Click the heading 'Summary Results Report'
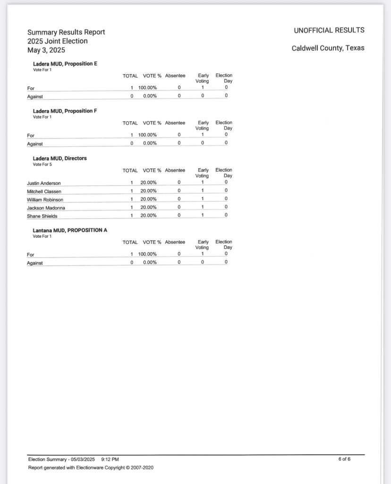(x=66, y=32)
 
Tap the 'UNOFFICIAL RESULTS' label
(x=329, y=30)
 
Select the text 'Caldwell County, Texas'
(x=328, y=48)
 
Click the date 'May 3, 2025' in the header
(x=46, y=50)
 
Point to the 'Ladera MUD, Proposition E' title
(x=65, y=63)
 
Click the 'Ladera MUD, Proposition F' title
(x=65, y=111)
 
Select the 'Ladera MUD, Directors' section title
(x=60, y=158)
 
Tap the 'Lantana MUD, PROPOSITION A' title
(x=70, y=230)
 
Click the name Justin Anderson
(x=44, y=183)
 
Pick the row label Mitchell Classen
(x=44, y=191)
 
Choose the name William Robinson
(x=45, y=199)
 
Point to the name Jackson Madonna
(x=46, y=207)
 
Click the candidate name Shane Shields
(x=42, y=216)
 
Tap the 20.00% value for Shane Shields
(x=148, y=216)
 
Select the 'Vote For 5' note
(x=42, y=164)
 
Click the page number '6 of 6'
(x=344, y=459)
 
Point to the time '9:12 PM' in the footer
(x=110, y=459)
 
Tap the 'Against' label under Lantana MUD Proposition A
(x=35, y=263)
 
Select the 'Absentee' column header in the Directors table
(x=175, y=170)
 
